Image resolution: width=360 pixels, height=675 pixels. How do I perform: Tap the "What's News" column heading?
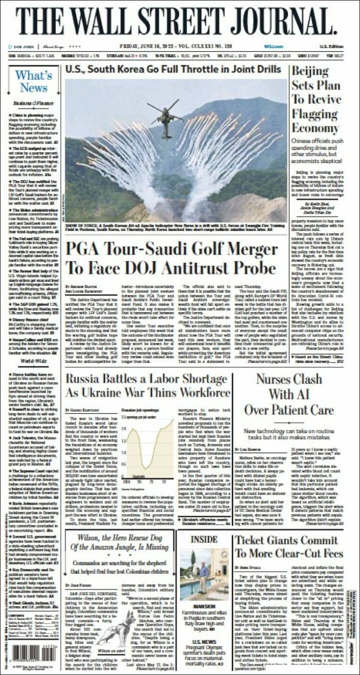[x=34, y=81]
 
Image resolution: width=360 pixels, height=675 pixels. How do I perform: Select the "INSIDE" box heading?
[x=204, y=540]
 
